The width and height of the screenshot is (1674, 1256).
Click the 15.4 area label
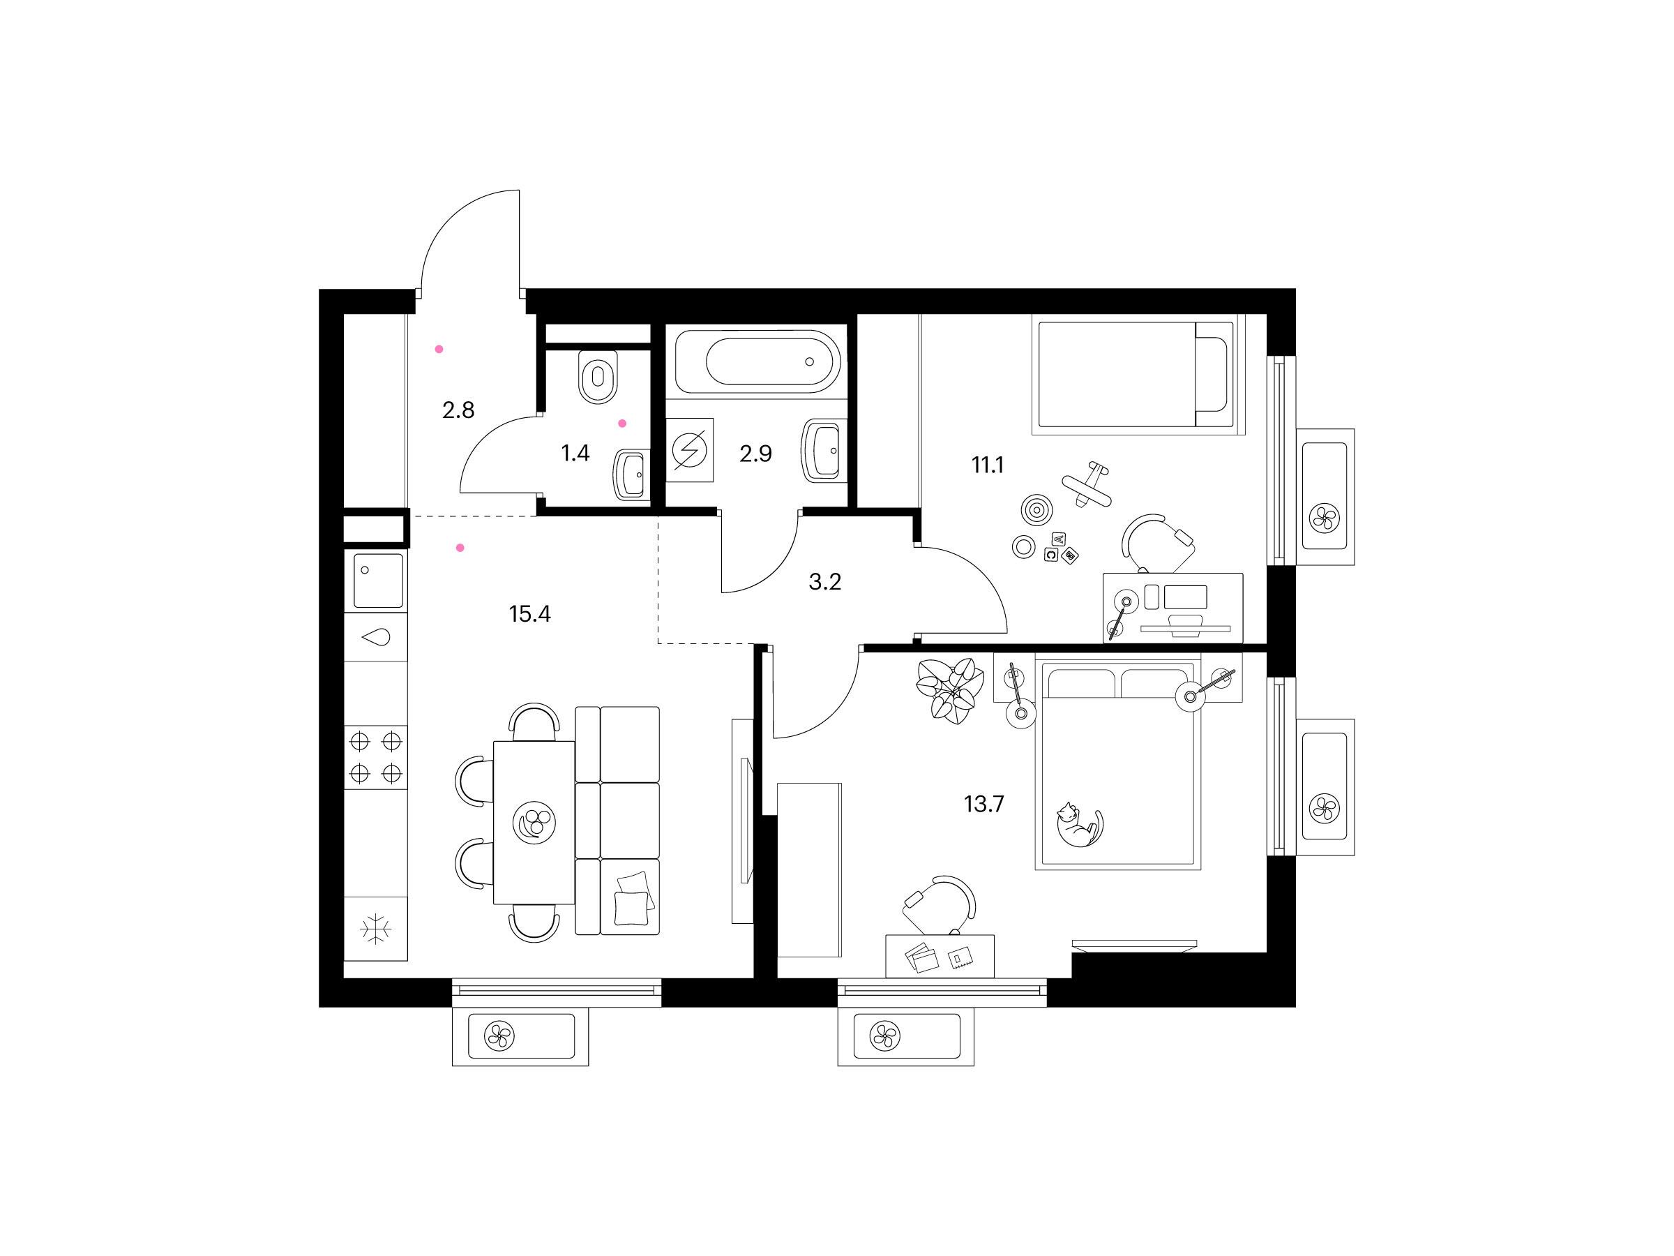point(529,614)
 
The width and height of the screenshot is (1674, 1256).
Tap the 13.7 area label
point(983,804)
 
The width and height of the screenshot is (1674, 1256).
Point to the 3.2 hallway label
point(825,582)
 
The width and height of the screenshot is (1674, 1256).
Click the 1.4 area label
point(575,454)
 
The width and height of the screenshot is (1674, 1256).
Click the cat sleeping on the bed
point(1080,827)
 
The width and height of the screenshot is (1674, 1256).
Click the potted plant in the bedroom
point(946,691)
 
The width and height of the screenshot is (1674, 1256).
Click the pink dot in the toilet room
point(623,424)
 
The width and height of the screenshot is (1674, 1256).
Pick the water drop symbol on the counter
point(377,638)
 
